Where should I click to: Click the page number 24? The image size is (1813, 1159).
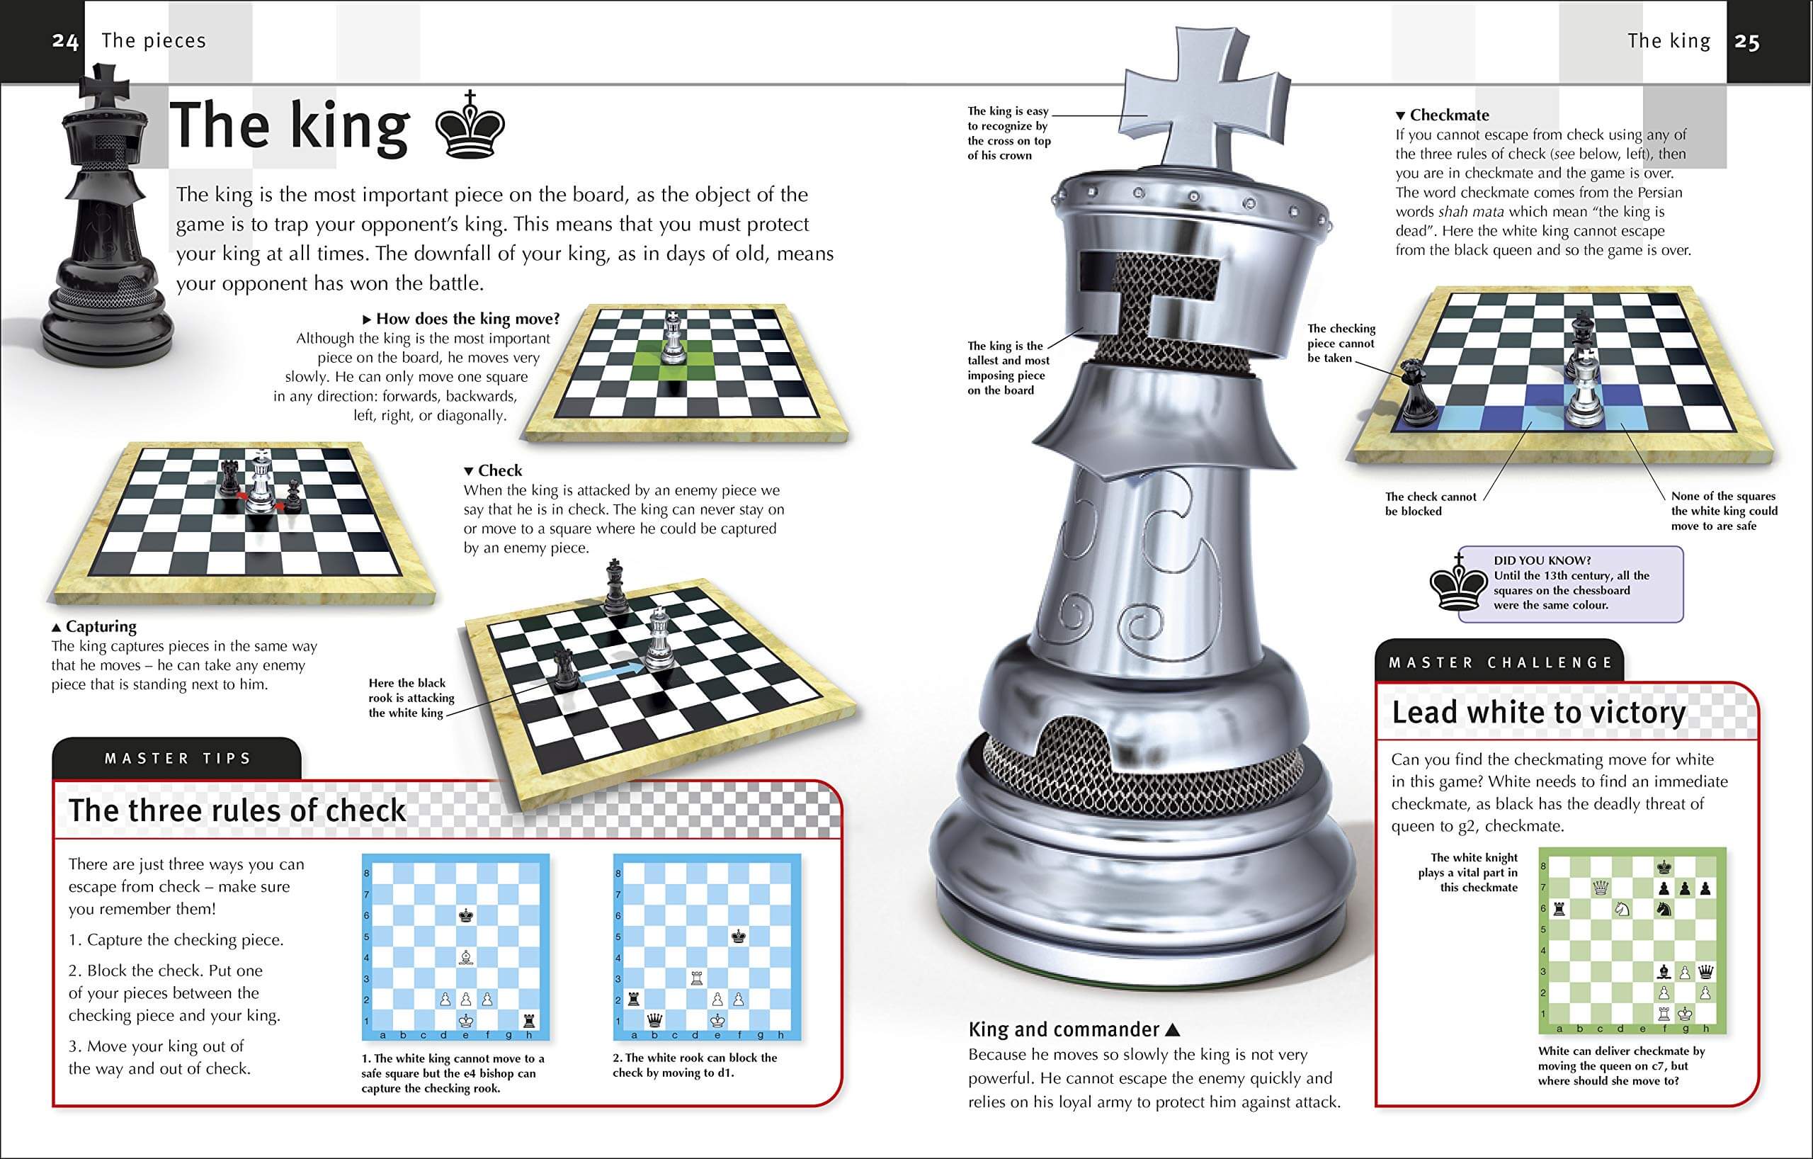pos(64,41)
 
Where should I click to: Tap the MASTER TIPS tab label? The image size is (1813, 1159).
pos(178,758)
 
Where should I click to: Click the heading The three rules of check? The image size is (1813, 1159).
pos(237,810)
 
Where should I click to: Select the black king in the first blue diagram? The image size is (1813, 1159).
pos(466,916)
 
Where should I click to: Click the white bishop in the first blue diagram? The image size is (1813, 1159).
pos(466,957)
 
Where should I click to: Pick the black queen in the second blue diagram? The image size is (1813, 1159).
pos(655,1019)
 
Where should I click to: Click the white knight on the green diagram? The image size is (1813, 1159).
pos(1622,909)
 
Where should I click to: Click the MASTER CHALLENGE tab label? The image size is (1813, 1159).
pos(1501,662)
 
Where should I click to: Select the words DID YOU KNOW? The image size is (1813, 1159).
pos(1542,560)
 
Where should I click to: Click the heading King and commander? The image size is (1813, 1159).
pos(1064,1029)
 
